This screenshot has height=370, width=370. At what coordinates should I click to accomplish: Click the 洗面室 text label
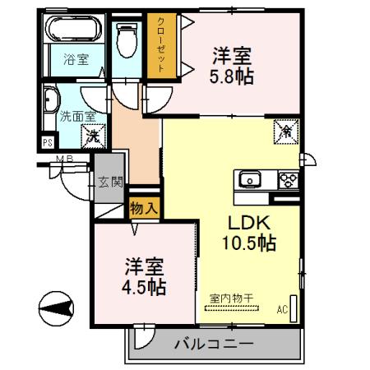59,118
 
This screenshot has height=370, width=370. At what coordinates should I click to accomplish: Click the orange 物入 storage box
145,207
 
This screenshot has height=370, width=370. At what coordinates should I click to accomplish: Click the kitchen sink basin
248,179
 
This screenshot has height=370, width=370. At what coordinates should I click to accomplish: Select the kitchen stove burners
288,178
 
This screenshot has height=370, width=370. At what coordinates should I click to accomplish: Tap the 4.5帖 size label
145,288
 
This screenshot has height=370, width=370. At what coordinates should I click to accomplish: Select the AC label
282,309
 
